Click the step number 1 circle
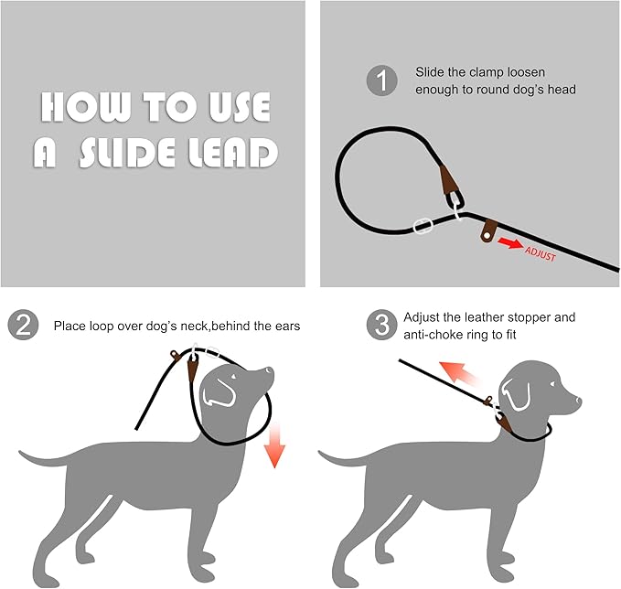coord(382,81)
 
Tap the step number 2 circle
coord(23,325)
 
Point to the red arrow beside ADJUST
coord(509,245)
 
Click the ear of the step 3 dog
coord(518,395)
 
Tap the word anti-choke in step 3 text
coord(434,335)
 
